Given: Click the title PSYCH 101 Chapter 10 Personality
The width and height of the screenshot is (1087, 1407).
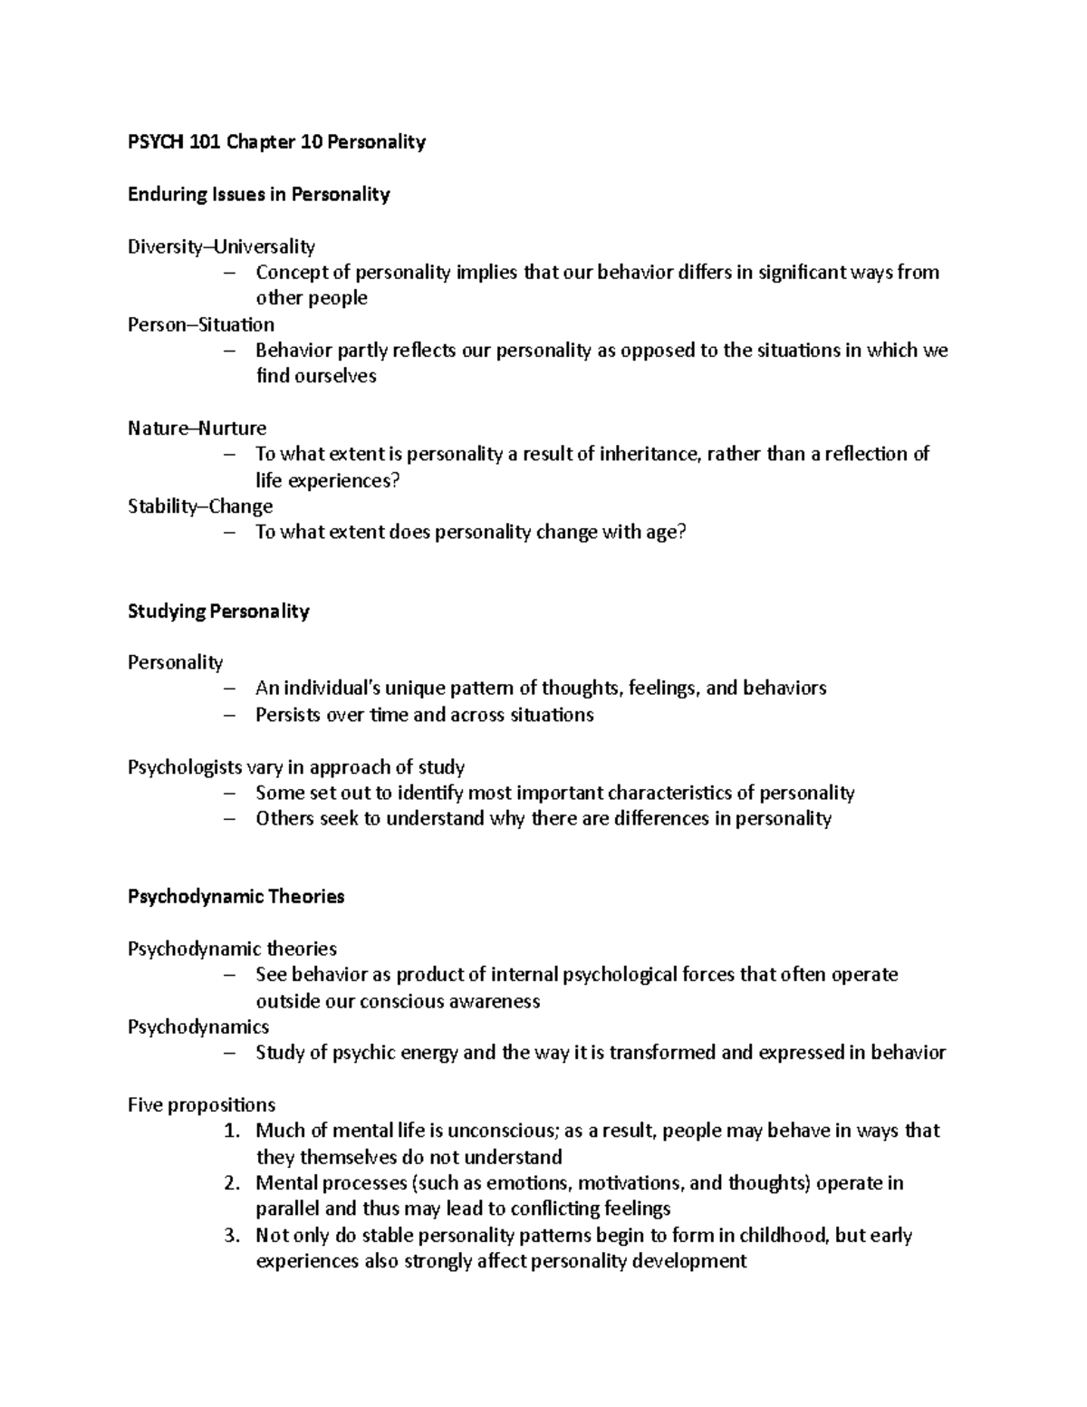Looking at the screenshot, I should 276,142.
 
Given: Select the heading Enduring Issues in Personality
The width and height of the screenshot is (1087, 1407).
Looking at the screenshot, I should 258,195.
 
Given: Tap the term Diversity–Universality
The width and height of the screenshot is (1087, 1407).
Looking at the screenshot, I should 221,246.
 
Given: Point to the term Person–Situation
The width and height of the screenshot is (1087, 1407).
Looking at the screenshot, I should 200,324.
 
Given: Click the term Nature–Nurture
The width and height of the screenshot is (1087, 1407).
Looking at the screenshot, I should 197,428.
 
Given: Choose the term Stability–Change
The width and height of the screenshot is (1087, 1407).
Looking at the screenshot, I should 200,506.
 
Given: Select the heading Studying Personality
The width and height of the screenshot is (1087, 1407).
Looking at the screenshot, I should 218,612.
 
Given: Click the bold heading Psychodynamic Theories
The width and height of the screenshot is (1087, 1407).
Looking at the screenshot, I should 236,897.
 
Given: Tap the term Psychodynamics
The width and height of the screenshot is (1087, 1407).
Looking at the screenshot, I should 198,1027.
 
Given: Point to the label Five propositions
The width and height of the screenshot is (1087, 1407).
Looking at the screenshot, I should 201,1105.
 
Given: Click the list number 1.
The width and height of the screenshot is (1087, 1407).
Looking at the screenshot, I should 232,1132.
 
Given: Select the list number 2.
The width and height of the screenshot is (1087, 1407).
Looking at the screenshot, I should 232,1183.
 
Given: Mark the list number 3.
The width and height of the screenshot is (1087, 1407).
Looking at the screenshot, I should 232,1236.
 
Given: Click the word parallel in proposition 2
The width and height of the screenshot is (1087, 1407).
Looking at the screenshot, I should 287,1209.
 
